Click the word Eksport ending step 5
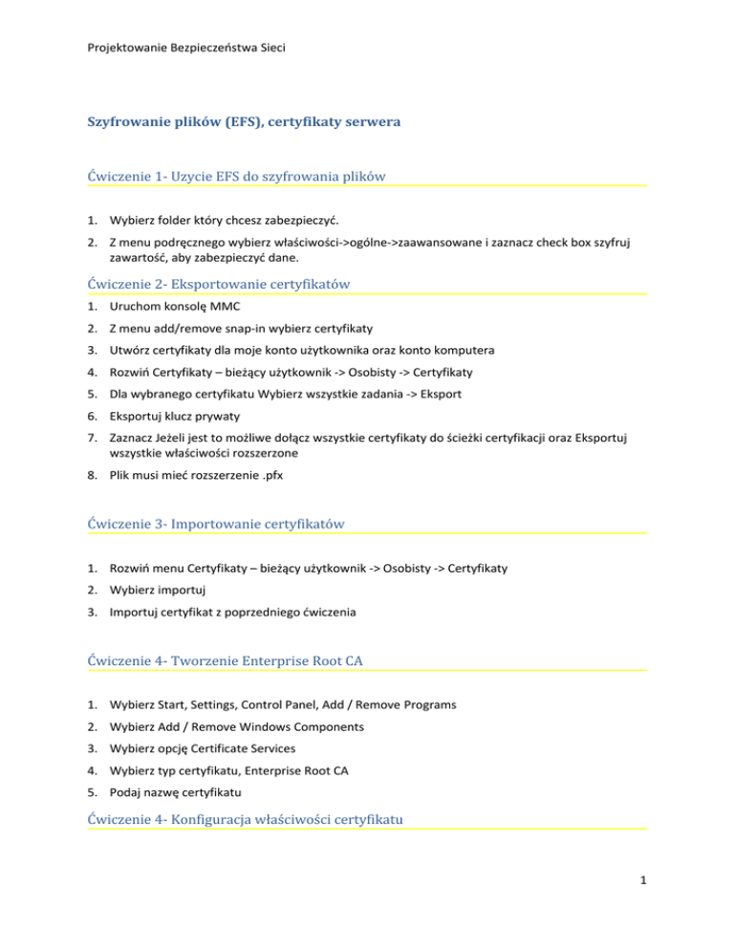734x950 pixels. coord(397,396)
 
